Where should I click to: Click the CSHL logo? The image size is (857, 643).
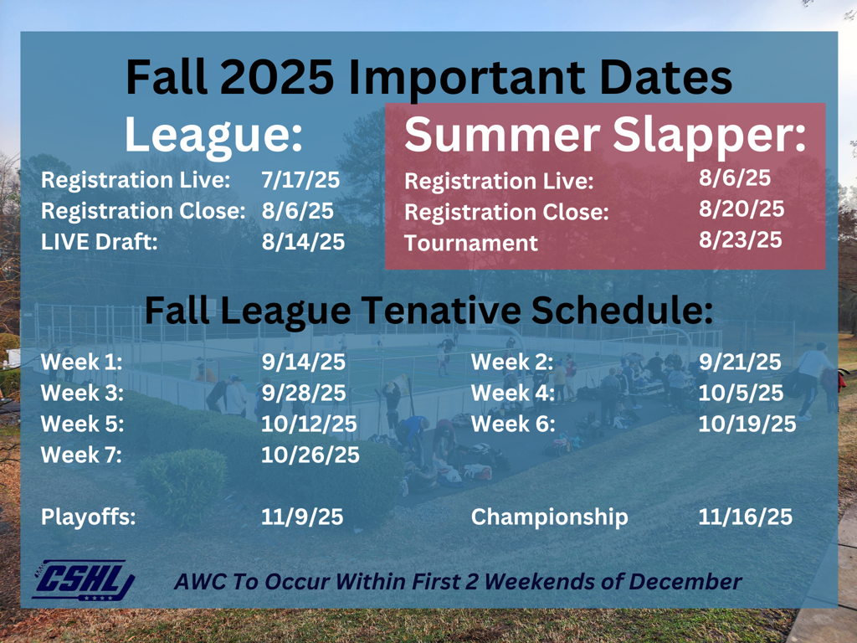[x=84, y=580]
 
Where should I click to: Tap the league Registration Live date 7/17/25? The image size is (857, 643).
[x=300, y=180]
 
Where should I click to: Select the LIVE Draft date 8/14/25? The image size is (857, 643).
[x=303, y=242]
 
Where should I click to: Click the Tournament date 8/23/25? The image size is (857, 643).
[x=741, y=240]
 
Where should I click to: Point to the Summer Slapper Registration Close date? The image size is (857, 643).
[x=742, y=208]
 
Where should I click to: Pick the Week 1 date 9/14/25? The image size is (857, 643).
[x=303, y=362]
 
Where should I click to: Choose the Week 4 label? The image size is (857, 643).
[x=513, y=393]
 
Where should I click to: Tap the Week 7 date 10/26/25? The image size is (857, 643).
[x=310, y=455]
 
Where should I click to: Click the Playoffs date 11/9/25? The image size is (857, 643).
[x=301, y=517]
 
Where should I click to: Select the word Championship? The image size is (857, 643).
[x=549, y=517]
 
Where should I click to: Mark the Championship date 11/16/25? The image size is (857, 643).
[x=745, y=517]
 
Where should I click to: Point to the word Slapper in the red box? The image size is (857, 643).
[x=709, y=136]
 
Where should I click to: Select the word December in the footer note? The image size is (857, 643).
[x=685, y=581]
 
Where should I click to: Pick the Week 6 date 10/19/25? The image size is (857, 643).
[x=747, y=424]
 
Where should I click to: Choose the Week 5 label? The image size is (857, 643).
[x=82, y=424]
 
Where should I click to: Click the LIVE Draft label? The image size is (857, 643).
[x=99, y=242]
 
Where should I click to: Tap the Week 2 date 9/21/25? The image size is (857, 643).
[x=740, y=362]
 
